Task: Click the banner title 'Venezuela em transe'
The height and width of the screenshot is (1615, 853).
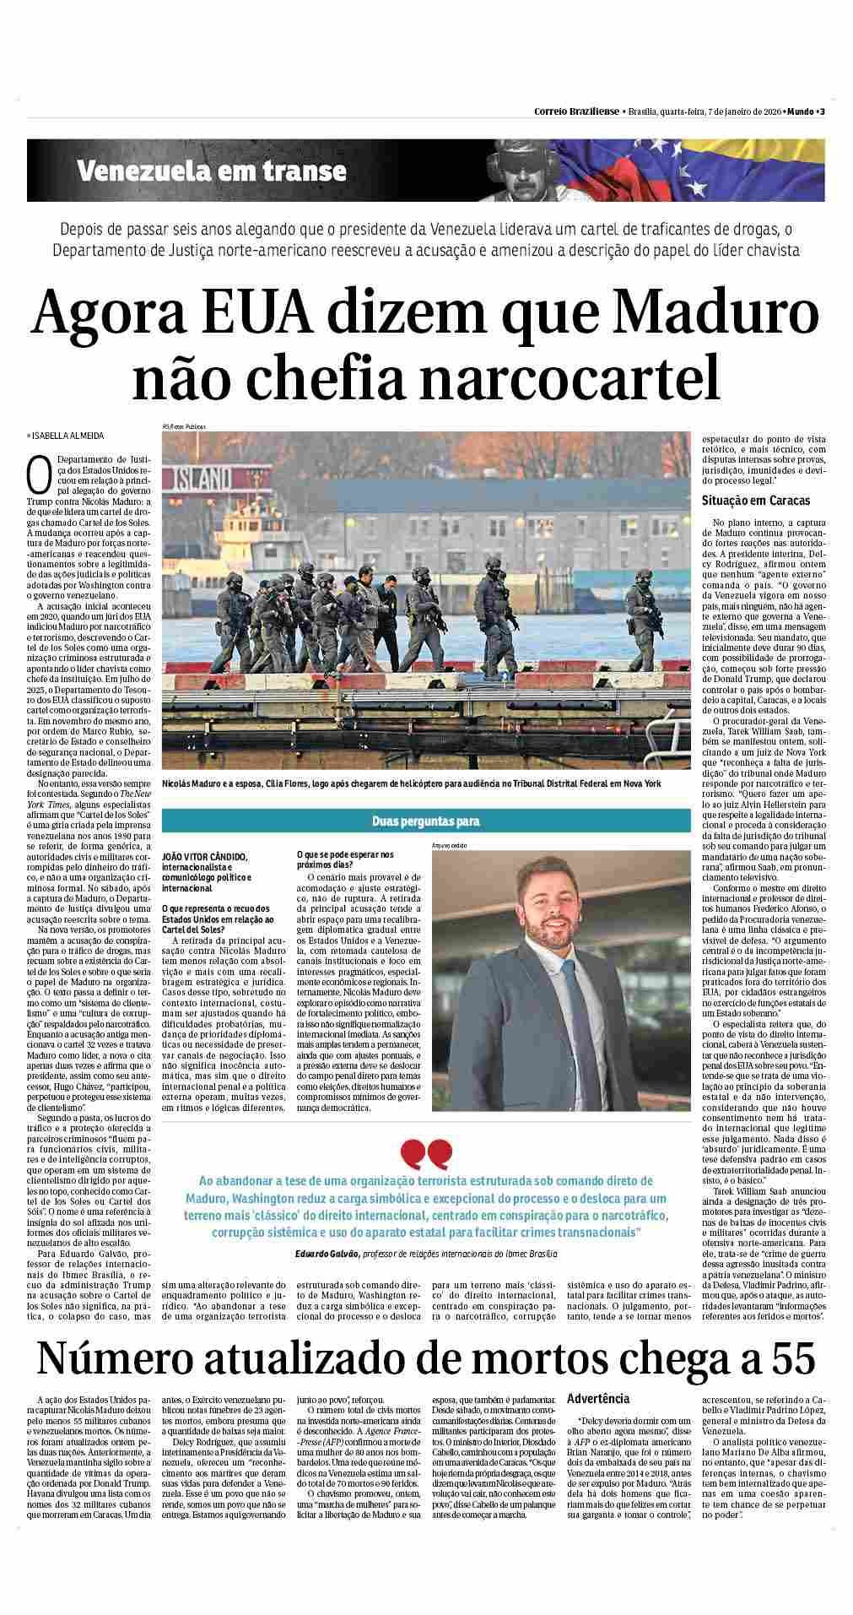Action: click(x=212, y=171)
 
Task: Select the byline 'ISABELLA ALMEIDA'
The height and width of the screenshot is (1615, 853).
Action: click(x=69, y=436)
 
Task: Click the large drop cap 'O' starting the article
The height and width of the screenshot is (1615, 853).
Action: click(x=38, y=475)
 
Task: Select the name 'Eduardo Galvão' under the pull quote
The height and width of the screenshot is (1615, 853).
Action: click(x=327, y=1254)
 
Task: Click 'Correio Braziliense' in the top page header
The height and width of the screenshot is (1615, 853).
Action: click(x=576, y=112)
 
